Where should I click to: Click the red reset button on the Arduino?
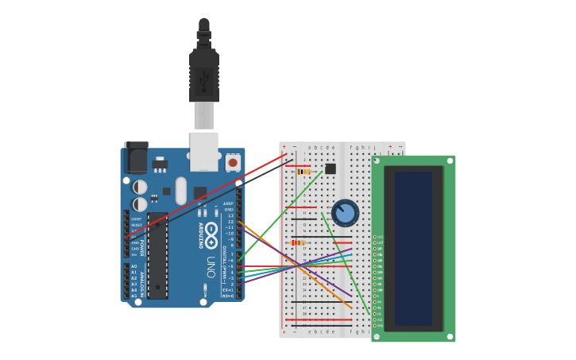coord(233,162)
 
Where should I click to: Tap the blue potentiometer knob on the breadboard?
coord(345,213)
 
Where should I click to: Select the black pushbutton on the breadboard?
coord(331,168)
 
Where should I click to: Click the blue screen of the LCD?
coord(413,248)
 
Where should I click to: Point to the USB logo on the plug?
coord(204,80)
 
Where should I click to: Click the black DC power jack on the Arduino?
coord(136,157)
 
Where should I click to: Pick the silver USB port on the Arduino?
coord(204,151)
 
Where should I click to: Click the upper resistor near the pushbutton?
coord(303,171)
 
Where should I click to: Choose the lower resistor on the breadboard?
coord(298,242)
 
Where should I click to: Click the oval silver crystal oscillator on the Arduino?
coord(181,191)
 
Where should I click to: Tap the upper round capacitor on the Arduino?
coord(140,187)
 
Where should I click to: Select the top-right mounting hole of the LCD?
coord(450,161)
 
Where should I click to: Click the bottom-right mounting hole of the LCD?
coord(450,336)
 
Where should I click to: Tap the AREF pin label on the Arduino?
coord(229,203)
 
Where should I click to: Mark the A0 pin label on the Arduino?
coord(133,266)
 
